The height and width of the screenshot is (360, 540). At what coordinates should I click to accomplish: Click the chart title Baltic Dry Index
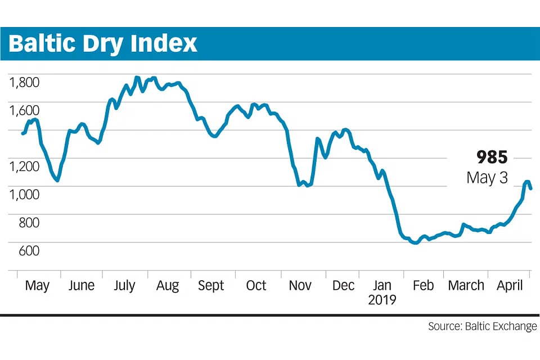103,44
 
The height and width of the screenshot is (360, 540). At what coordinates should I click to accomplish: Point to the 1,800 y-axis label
24,83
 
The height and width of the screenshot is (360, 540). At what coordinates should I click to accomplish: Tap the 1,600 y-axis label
24,111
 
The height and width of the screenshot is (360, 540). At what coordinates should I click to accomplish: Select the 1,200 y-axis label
24,166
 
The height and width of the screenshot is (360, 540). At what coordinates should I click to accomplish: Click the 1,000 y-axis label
24,195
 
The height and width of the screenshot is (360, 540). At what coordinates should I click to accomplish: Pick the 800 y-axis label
28,223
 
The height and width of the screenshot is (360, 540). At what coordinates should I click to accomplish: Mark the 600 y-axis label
28,251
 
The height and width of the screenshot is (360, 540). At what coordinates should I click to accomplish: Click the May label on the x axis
37,286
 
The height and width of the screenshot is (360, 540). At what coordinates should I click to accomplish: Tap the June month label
81,286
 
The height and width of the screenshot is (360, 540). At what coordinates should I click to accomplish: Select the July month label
124,286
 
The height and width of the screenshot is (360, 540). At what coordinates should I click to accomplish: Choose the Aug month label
168,286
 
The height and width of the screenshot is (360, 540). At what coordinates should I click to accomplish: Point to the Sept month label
211,286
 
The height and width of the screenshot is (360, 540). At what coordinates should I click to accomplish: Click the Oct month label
256,286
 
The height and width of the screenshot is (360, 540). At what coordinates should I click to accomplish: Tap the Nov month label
300,286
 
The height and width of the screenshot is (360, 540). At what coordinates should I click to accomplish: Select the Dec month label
343,286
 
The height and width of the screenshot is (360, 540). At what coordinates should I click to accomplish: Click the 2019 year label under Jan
382,300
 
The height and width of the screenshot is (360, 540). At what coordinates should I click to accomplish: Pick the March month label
466,286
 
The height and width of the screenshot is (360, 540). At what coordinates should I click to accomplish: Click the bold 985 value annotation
492,157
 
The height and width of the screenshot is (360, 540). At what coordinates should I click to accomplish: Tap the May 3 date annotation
487,178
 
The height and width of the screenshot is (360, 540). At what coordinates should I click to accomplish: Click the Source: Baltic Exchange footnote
482,327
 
